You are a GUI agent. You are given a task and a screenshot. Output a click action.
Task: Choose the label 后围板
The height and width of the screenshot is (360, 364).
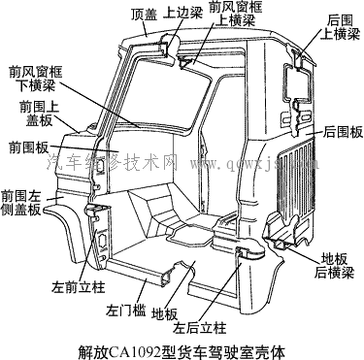click(343, 131)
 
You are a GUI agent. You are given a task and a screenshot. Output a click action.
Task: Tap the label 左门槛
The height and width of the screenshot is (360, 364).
click(125, 311)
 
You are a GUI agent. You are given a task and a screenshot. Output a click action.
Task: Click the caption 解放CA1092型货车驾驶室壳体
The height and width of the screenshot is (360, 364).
click(182, 347)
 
